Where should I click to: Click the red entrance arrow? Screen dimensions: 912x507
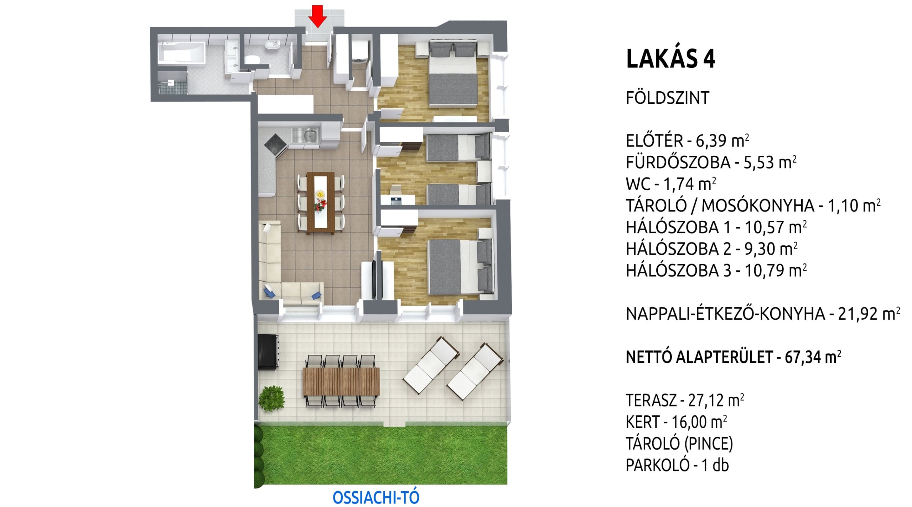tap(317, 16)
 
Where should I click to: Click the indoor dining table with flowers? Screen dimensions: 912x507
tap(320, 203)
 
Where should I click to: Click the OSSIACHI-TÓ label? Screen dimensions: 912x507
tap(376, 498)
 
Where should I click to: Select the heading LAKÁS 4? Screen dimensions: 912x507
tap(670, 59)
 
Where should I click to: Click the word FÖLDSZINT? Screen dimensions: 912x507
tap(667, 98)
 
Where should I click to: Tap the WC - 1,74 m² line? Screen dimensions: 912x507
tap(671, 184)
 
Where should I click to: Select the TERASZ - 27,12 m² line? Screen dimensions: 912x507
tap(685, 400)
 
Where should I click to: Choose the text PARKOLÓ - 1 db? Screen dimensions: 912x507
tap(677, 465)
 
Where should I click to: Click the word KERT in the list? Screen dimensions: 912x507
tap(642, 422)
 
